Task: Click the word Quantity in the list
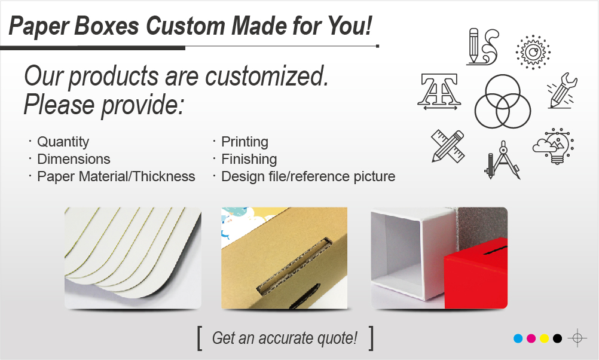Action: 63,142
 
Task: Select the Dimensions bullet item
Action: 74,159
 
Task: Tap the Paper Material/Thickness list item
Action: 116,176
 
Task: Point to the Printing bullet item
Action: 245,142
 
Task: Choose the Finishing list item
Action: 249,159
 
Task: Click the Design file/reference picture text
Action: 308,176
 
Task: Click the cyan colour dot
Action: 518,338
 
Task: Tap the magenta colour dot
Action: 531,338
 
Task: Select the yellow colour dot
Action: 545,338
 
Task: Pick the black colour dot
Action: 557,338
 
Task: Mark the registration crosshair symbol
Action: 577,338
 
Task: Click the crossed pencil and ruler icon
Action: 448,146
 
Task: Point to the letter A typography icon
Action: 439,92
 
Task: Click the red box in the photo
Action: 476,273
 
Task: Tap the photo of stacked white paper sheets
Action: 133,258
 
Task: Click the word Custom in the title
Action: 186,26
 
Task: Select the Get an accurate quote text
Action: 285,338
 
